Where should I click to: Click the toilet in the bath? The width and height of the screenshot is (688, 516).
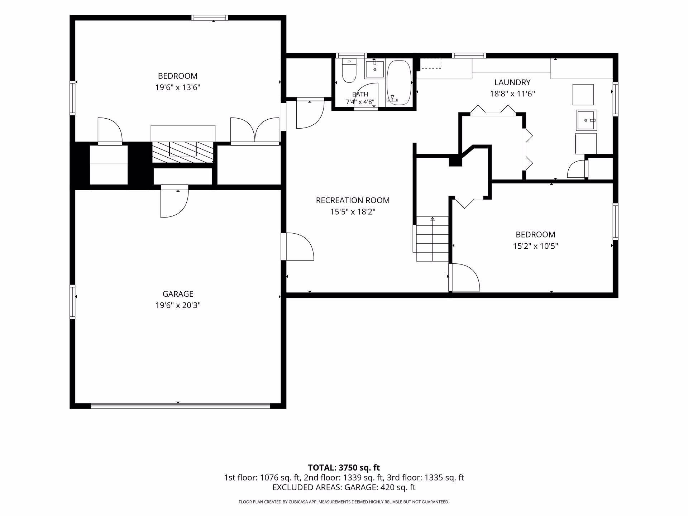pyautogui.click(x=349, y=71)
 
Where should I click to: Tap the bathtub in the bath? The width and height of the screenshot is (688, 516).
pyautogui.click(x=399, y=82)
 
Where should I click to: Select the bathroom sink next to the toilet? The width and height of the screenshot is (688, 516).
pyautogui.click(x=374, y=70)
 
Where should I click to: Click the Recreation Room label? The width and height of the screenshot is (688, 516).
pyautogui.click(x=353, y=200)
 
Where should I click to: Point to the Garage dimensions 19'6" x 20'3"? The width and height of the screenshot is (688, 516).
pyautogui.click(x=178, y=305)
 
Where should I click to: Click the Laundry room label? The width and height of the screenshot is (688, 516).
pyautogui.click(x=512, y=82)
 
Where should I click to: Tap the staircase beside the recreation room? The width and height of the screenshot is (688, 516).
pyautogui.click(x=433, y=239)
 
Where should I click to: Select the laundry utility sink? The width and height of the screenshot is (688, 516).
pyautogui.click(x=586, y=120)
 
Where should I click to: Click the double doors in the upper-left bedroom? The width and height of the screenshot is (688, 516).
pyautogui.click(x=255, y=130)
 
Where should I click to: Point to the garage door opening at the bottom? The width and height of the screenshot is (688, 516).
pyautogui.click(x=180, y=406)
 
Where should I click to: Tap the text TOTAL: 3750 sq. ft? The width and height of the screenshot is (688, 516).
pyautogui.click(x=344, y=468)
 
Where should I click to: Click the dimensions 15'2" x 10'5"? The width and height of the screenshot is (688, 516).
pyautogui.click(x=535, y=246)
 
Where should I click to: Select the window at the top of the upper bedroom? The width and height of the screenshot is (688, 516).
pyautogui.click(x=210, y=18)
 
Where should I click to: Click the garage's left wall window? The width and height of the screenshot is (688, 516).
pyautogui.click(x=72, y=302)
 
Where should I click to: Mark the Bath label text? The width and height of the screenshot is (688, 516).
pyautogui.click(x=360, y=94)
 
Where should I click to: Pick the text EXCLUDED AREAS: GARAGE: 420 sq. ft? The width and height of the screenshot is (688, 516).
pyautogui.click(x=344, y=487)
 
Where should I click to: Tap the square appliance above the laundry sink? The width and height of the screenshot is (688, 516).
pyautogui.click(x=583, y=94)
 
